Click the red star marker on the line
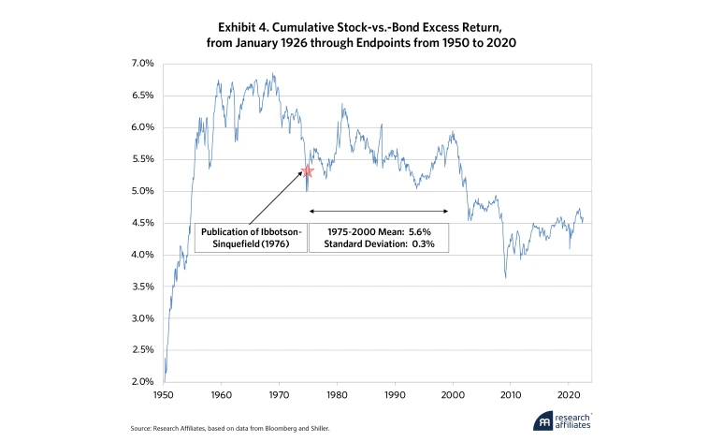coord(307,171)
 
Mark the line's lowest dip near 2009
coord(506,277)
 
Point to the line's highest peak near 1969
coord(273,74)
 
